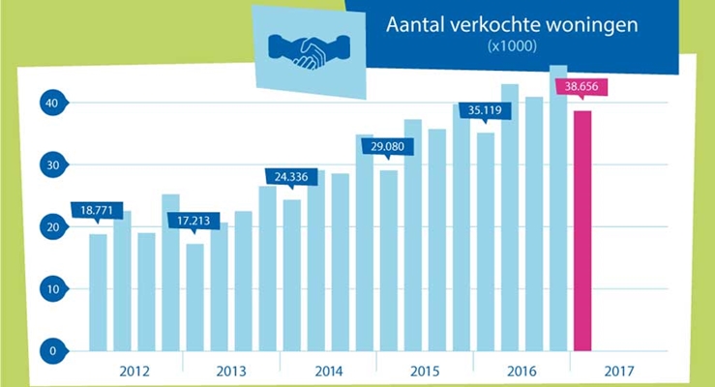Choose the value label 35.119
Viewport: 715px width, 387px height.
(485, 110)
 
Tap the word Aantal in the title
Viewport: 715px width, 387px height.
(415, 25)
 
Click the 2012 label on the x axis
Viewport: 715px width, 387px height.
(134, 372)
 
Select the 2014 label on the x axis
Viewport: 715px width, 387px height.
(328, 372)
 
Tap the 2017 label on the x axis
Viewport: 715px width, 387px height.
(617, 372)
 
